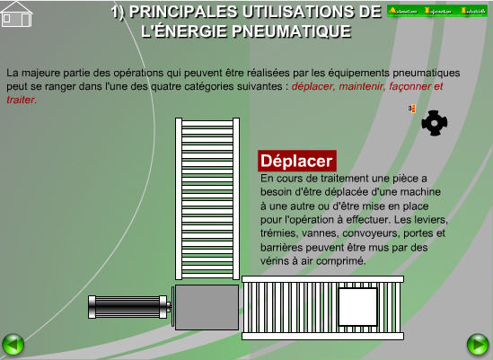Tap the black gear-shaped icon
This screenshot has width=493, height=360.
pos(434,123)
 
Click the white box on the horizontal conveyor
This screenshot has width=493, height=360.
pos(357,307)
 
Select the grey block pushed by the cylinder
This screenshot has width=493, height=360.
pos(207,307)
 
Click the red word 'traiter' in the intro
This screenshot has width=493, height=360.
pos(20,100)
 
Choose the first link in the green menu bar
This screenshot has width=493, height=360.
pos(405,11)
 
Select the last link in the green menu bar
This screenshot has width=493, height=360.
pos(474,11)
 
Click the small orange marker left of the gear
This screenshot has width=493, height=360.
pos(411,109)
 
